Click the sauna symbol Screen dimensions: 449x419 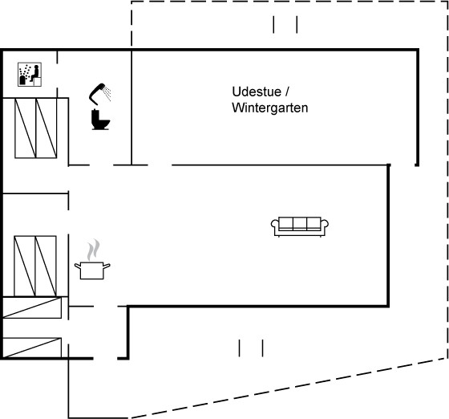tap(30, 74)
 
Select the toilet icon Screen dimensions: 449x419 tap(100, 120)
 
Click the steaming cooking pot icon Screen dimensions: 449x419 tap(92, 259)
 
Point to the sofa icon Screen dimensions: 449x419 tap(300, 226)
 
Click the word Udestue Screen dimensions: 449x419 tap(257, 92)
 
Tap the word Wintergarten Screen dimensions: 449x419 tap(270, 108)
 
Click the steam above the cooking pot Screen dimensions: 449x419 tap(94, 250)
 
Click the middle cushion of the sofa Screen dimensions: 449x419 tap(300, 222)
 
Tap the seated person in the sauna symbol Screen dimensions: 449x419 tap(35, 73)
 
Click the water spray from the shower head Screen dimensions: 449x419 tap(107, 92)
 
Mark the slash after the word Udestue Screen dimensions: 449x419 tap(287, 92)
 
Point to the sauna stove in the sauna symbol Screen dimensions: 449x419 tap(22, 80)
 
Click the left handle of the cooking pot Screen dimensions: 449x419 tap(78, 266)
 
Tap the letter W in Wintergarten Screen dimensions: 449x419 tap(237, 108)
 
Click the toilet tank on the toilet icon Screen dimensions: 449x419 tap(95, 116)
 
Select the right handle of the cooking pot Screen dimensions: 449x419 tap(107, 266)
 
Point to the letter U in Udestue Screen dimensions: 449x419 tap(237, 92)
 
